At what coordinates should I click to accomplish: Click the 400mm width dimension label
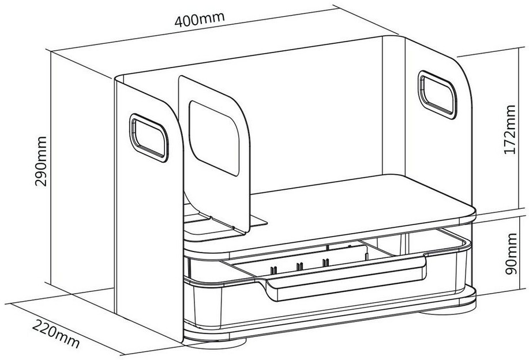click(x=200, y=18)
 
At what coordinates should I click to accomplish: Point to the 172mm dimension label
click(x=509, y=129)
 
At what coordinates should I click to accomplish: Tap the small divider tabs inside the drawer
click(x=300, y=267)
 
